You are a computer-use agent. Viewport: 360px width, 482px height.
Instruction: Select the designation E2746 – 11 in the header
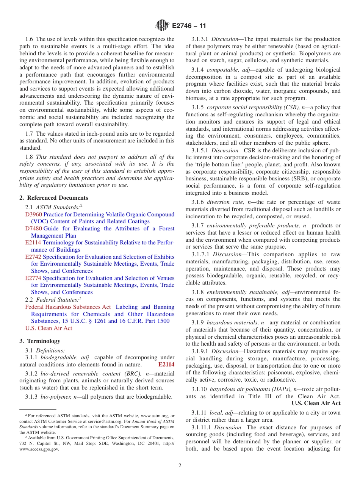[x=189, y=26]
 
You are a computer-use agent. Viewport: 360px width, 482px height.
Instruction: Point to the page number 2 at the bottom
[x=180, y=466]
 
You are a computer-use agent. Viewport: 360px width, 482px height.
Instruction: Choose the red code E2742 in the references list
[x=33, y=257]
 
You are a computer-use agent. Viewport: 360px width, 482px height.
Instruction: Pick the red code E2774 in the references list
[x=33, y=278]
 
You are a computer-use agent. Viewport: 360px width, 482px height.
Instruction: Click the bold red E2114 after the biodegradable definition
[x=166, y=365]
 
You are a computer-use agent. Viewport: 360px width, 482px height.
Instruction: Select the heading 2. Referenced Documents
[x=54, y=198]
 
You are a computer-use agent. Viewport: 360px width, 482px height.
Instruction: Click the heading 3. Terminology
[x=40, y=341]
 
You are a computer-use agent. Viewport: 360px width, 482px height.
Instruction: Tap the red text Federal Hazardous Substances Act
[x=68, y=307]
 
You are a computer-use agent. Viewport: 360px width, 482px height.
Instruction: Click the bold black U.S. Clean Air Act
[x=316, y=403]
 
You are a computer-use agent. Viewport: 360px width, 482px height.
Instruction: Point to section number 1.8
[x=29, y=157]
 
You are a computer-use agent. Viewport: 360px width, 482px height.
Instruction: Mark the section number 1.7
[x=29, y=133]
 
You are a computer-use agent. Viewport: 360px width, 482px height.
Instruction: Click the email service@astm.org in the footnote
[x=105, y=421]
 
